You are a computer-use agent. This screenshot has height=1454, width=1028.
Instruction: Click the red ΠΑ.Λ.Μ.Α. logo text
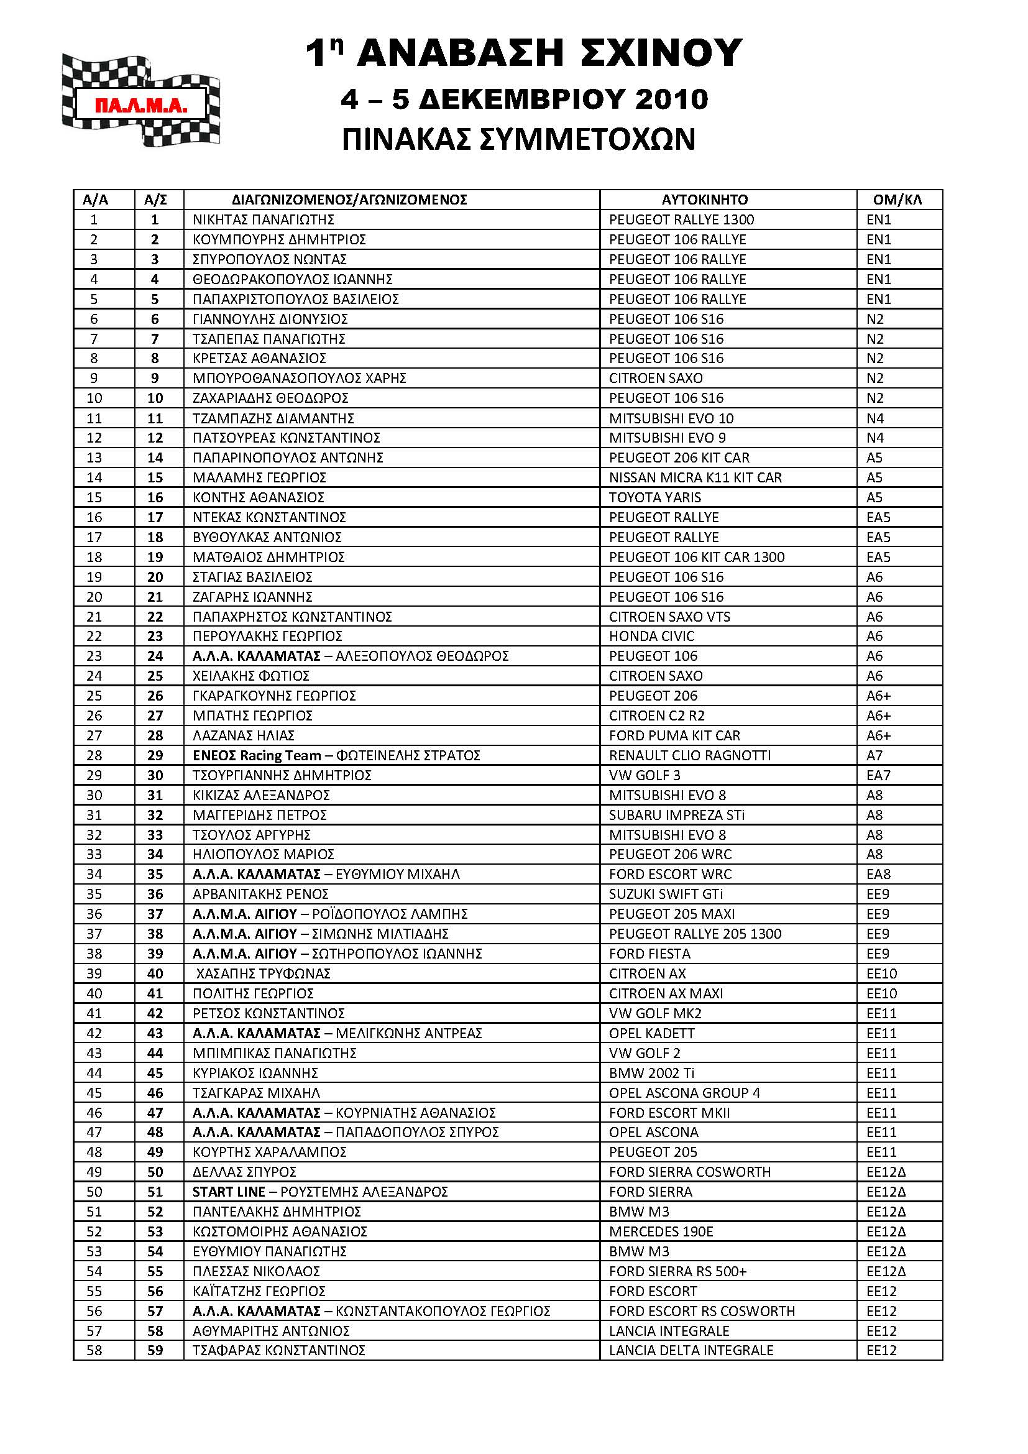pos(140,105)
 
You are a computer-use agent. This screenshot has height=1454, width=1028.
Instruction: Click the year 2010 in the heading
pos(672,99)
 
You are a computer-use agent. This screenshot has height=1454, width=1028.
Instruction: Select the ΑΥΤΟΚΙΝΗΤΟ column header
pos(705,200)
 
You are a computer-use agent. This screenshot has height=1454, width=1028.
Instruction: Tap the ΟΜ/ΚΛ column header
pos(897,200)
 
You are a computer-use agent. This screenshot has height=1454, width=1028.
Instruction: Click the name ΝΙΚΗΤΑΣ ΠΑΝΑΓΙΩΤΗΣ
pos(264,219)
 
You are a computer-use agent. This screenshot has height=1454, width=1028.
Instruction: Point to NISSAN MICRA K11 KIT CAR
pos(695,477)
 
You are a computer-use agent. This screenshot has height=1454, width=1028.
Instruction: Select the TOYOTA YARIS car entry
pos(654,498)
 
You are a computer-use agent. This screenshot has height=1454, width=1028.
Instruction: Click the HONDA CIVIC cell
pos(651,637)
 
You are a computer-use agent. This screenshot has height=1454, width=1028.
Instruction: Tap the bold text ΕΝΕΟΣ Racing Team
pos(256,755)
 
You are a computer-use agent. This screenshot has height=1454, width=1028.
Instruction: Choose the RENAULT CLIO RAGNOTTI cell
pos(689,755)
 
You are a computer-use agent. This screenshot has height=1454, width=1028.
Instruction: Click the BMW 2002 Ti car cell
pos(651,1073)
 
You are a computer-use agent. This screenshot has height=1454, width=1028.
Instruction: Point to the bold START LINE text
pos(229,1192)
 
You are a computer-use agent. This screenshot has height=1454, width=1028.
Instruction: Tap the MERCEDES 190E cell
pos(661,1231)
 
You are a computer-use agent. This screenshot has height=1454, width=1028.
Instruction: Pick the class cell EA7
pos(878,775)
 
